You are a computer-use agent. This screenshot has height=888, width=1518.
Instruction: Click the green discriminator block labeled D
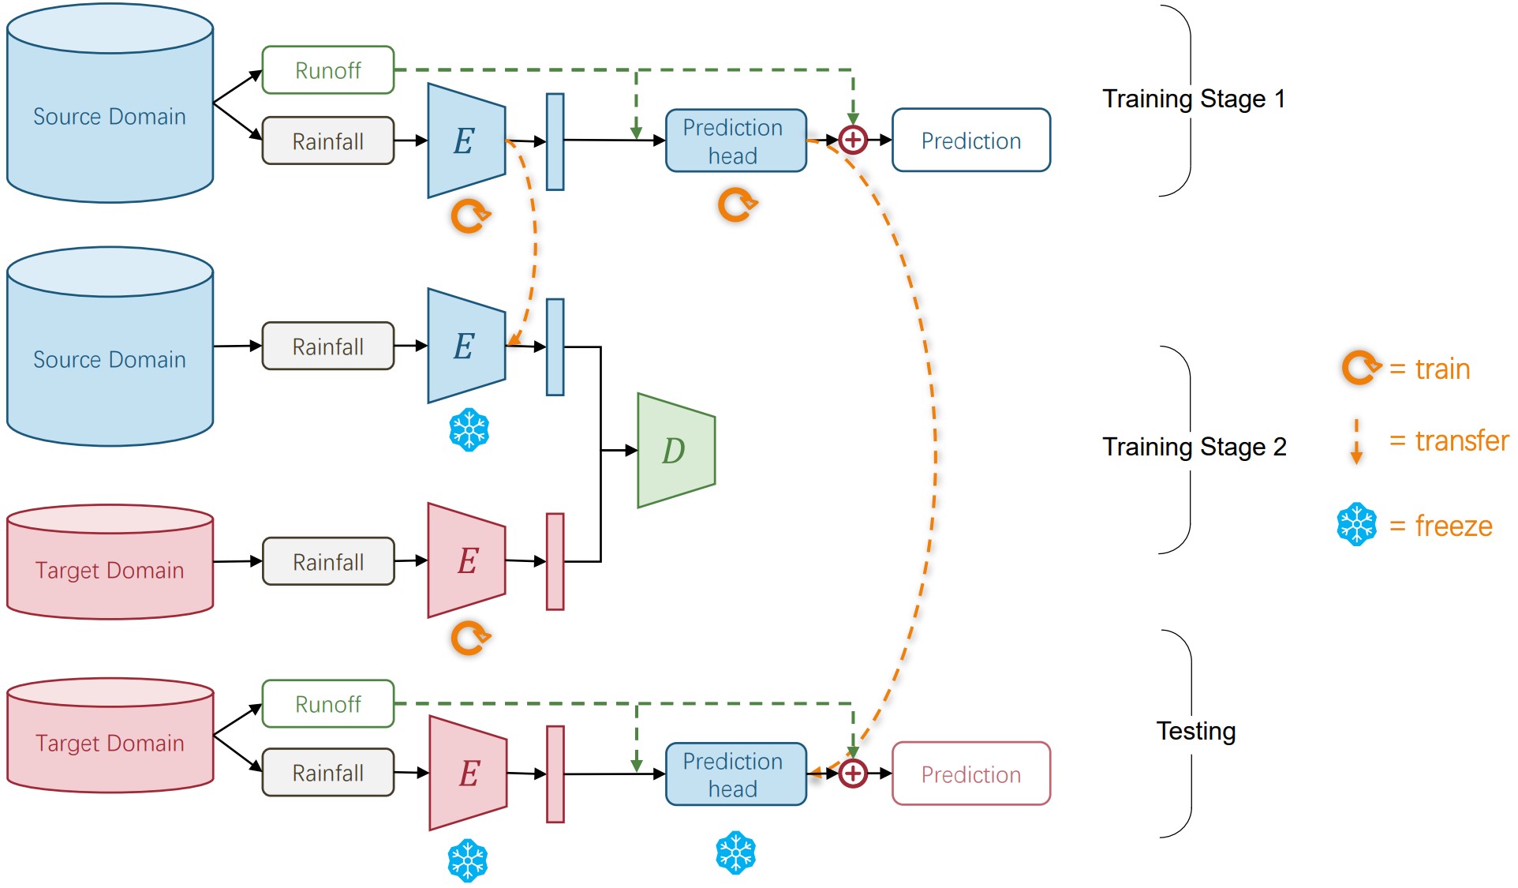[x=675, y=451]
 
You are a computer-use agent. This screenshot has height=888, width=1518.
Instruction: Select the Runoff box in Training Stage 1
[x=327, y=70]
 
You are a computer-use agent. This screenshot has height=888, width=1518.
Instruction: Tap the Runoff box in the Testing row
[x=327, y=704]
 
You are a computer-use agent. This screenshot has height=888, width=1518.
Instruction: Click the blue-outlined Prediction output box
[x=970, y=141]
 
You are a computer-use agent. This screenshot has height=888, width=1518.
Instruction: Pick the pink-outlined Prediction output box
[x=970, y=774]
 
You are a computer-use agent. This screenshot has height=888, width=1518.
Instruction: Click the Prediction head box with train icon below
[x=735, y=141]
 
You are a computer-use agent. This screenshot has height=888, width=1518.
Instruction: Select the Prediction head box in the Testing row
[x=735, y=774]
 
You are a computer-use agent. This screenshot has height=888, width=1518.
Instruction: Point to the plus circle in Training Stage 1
[x=853, y=141]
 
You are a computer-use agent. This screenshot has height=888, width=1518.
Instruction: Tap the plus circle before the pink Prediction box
[x=853, y=774]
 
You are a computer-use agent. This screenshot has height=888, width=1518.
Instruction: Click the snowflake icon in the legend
[x=1356, y=524]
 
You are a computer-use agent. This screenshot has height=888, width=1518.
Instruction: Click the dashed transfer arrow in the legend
[x=1356, y=441]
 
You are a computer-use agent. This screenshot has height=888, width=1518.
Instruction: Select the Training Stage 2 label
[x=1194, y=447]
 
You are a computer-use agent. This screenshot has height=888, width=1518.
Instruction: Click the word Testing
[x=1195, y=731]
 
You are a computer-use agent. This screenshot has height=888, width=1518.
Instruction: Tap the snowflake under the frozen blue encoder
[x=469, y=430]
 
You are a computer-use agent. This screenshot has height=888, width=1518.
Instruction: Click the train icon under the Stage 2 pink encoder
[x=470, y=638]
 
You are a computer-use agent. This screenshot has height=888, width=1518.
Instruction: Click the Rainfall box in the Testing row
[x=327, y=773]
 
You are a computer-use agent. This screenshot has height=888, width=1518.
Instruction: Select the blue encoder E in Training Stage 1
[x=465, y=141]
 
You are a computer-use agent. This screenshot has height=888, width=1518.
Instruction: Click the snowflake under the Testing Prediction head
[x=735, y=852]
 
